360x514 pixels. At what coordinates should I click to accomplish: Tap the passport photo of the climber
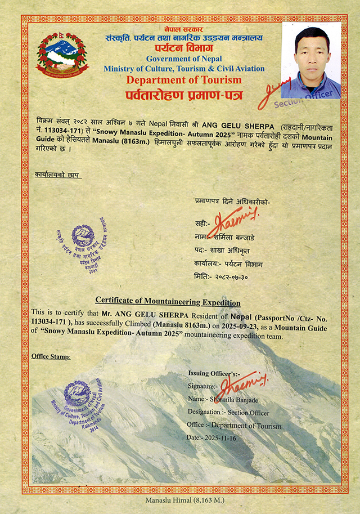pyautogui.click(x=311, y=60)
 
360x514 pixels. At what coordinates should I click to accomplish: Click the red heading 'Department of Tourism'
pyautogui.click(x=183, y=80)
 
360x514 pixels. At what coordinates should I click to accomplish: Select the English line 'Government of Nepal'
pyautogui.click(x=184, y=59)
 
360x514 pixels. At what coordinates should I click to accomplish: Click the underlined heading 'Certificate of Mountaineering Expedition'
pyautogui.click(x=168, y=302)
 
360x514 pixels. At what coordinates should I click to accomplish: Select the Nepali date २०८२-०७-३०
pyautogui.click(x=230, y=276)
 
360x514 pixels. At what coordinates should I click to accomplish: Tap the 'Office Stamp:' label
pyautogui.click(x=51, y=356)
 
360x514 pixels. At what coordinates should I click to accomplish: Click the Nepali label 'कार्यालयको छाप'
pyautogui.click(x=57, y=175)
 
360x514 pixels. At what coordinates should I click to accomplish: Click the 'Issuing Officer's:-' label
pyautogui.click(x=214, y=373)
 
